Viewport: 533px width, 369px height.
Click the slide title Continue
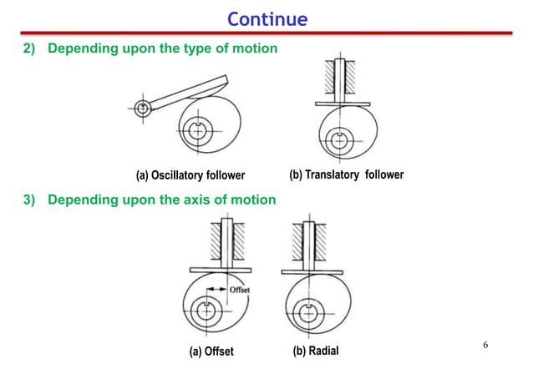pyautogui.click(x=266, y=18)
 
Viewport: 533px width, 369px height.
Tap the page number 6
pyautogui.click(x=485, y=345)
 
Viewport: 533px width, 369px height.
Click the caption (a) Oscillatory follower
pyautogui.click(x=190, y=175)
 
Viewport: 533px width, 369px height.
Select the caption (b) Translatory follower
pyautogui.click(x=346, y=174)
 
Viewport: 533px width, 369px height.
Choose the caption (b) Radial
pyautogui.click(x=322, y=351)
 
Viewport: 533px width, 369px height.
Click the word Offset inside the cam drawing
pyautogui.click(x=239, y=290)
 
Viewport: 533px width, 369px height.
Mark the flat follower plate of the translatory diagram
pyautogui.click(x=340, y=104)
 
